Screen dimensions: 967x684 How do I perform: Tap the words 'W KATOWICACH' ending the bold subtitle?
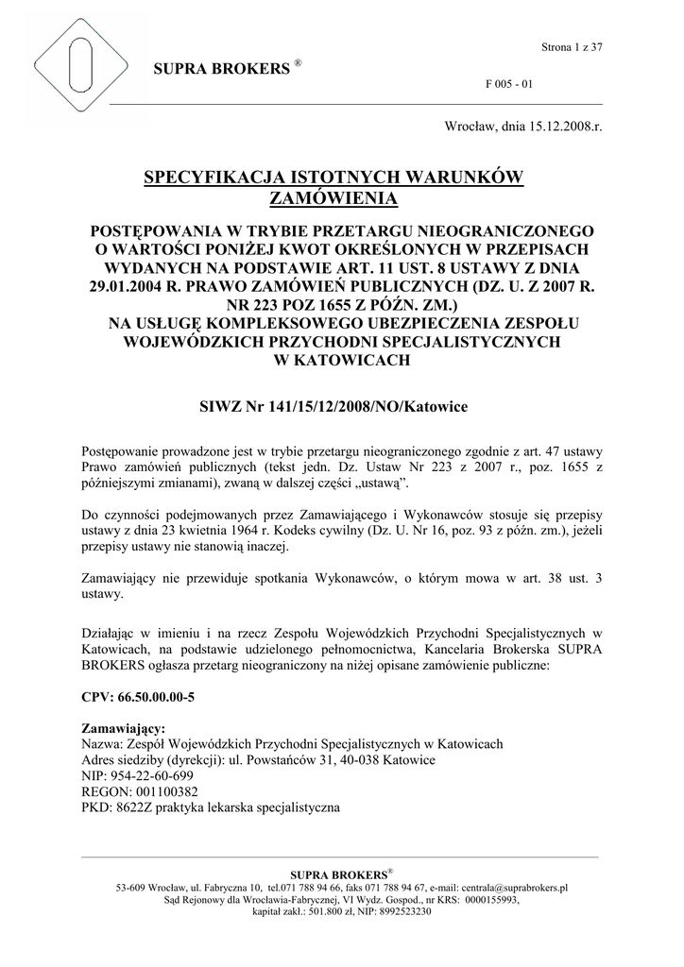pyautogui.click(x=341, y=361)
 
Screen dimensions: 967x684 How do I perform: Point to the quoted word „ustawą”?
pyautogui.click(x=382, y=483)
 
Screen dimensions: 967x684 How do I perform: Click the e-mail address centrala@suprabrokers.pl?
pyautogui.click(x=512, y=889)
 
